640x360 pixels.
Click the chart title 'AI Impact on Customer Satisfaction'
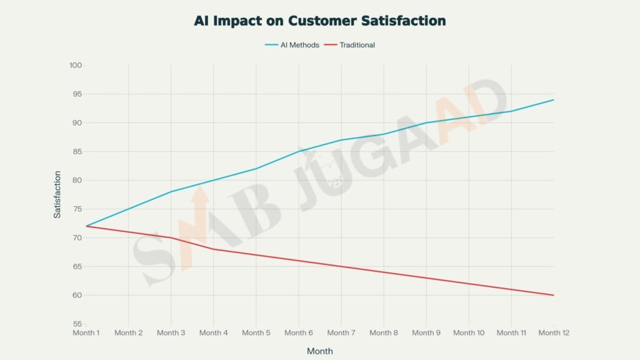tap(320, 21)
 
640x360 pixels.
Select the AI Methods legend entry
tap(292, 45)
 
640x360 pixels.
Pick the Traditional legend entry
tap(357, 45)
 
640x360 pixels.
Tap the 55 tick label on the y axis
tap(77, 324)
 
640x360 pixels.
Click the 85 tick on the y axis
tap(77, 151)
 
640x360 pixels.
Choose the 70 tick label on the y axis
tap(77, 237)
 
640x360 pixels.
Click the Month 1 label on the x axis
tap(86, 332)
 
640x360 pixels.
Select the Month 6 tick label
tap(299, 332)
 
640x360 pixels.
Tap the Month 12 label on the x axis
tap(553, 332)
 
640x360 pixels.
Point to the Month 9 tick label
tap(426, 332)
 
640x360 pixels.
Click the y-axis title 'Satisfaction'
tap(57, 194)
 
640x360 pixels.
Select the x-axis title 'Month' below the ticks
tap(320, 351)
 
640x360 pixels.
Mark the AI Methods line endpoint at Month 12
tap(553, 100)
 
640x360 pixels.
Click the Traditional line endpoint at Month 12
tap(553, 295)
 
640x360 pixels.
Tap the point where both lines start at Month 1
tap(86, 226)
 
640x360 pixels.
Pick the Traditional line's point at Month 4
tap(214, 249)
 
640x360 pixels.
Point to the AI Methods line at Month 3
tap(171, 191)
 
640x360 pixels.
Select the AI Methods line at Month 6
tap(299, 151)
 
